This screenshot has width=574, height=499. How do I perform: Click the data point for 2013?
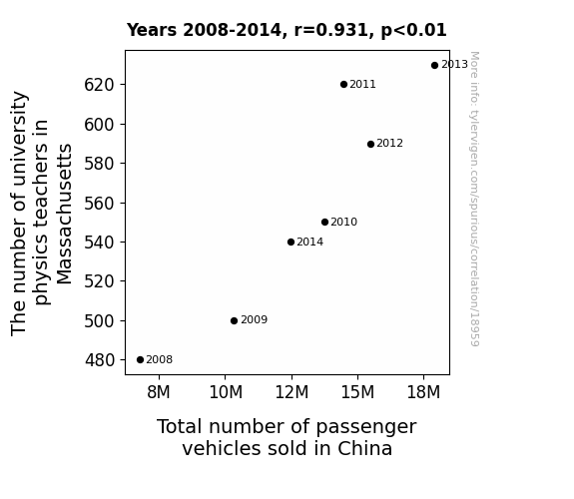click(x=434, y=66)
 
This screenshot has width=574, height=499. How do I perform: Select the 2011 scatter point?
click(x=343, y=85)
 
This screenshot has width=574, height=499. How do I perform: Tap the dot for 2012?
click(x=370, y=145)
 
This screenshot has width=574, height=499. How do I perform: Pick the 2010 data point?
click(x=324, y=223)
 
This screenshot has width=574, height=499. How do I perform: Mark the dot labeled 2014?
click(x=291, y=242)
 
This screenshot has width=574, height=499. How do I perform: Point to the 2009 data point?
click(x=235, y=321)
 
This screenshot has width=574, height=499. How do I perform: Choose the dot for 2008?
click(x=140, y=360)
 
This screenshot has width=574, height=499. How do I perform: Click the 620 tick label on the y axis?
click(x=100, y=85)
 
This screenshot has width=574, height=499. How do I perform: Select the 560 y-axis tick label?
click(x=100, y=204)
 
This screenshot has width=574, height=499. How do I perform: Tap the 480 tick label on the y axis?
click(x=100, y=360)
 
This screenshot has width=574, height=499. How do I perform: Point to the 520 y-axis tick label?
click(x=100, y=281)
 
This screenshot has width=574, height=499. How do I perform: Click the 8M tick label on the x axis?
click(x=159, y=392)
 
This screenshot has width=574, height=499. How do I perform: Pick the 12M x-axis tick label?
click(x=291, y=392)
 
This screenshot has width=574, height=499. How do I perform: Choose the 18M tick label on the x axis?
click(x=423, y=392)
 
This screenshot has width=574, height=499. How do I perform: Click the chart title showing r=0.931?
click(x=287, y=30)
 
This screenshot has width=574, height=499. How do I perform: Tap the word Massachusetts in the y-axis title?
click(x=65, y=215)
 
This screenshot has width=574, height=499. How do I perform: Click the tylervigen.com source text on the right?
click(x=474, y=199)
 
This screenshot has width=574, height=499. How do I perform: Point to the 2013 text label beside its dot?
click(x=454, y=65)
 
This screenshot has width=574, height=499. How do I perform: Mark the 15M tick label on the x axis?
click(x=357, y=392)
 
